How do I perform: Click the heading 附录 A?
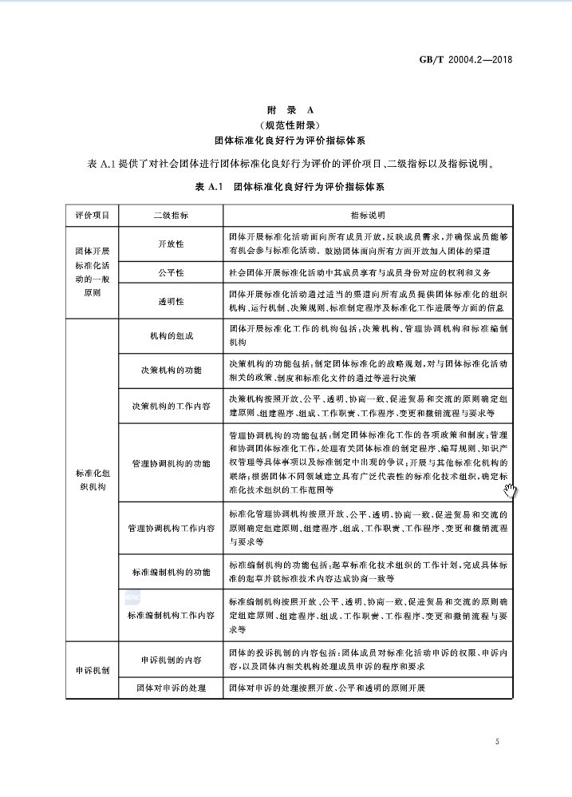pos(286,109)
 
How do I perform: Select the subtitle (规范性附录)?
pos(286,125)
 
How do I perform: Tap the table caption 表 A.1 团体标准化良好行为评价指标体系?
pos(286,187)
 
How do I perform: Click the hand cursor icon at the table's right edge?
pos(510,487)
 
